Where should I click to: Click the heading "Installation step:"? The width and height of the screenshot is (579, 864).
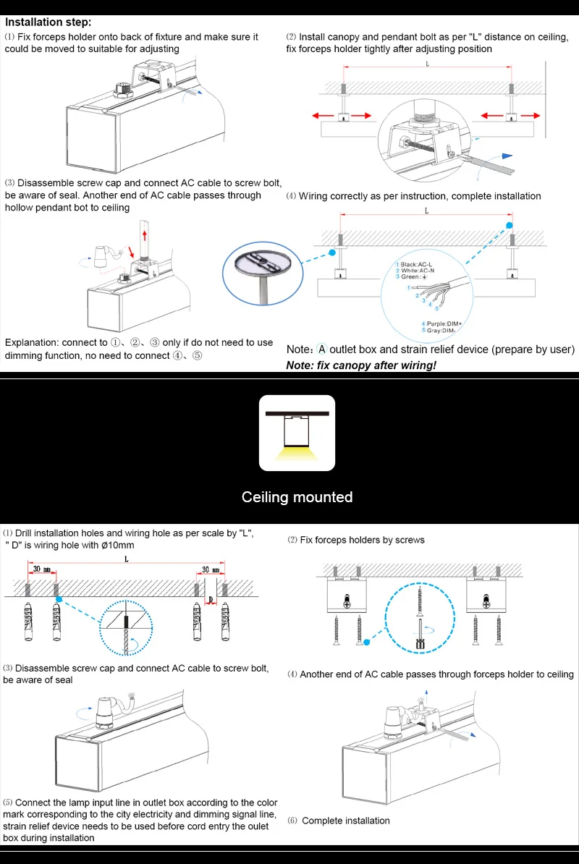(x=48, y=22)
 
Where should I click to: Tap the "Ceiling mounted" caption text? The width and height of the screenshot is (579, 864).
(x=297, y=497)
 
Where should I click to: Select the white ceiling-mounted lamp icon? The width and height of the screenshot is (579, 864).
(x=297, y=433)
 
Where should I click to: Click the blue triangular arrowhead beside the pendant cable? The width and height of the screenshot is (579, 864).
(x=510, y=156)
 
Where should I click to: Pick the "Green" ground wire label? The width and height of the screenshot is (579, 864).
(x=413, y=277)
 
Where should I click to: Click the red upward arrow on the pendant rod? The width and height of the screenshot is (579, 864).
(x=145, y=235)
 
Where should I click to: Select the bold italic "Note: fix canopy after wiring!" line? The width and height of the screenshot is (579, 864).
(x=361, y=365)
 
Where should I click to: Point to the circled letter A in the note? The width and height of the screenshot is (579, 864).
(x=322, y=350)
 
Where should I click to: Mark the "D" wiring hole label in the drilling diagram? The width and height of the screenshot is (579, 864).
(x=210, y=600)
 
